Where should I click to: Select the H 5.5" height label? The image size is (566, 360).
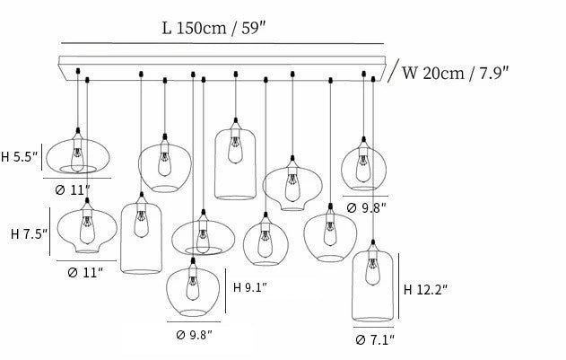(x=20, y=157)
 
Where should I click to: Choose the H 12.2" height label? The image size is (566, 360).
(x=425, y=289)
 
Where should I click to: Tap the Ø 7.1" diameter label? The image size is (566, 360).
(x=374, y=340)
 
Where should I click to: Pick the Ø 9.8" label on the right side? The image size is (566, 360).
(x=365, y=208)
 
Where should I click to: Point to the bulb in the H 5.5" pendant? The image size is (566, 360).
(x=77, y=155)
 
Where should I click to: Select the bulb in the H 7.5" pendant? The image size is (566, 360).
(x=86, y=233)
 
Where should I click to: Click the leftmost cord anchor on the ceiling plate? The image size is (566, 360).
(x=79, y=69)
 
